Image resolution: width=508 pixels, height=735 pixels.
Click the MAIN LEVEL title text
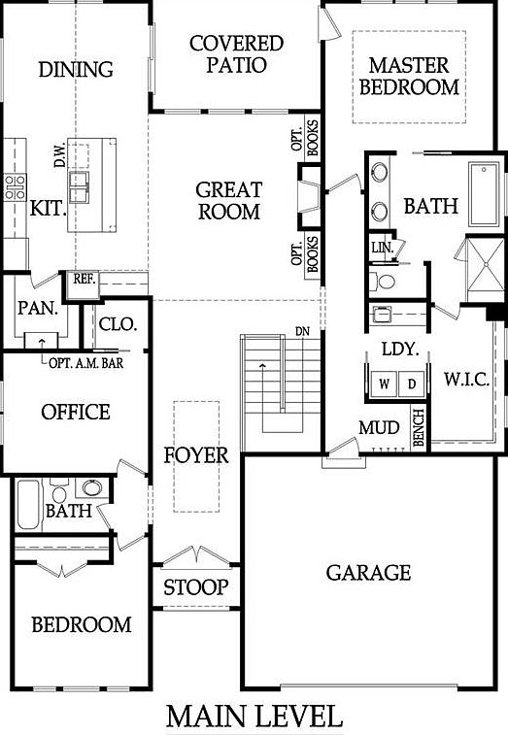(x=254, y=717)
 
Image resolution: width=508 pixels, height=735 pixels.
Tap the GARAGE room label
(x=368, y=572)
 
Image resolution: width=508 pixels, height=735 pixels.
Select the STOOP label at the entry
(x=195, y=587)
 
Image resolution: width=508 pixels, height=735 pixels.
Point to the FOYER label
(x=195, y=454)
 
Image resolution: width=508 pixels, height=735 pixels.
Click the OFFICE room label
(x=75, y=412)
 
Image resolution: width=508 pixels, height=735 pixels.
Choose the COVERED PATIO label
(x=236, y=54)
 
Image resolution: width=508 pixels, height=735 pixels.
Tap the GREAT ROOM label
(x=228, y=199)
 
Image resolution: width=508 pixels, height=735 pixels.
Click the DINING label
(x=75, y=69)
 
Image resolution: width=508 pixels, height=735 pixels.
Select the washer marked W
(x=385, y=384)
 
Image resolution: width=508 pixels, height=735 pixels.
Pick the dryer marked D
(x=412, y=384)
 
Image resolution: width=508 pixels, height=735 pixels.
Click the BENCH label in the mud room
(x=420, y=428)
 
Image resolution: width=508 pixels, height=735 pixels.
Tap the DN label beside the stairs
(x=303, y=332)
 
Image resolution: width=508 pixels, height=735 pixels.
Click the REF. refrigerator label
(x=83, y=278)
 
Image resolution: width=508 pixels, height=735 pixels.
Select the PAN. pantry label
(x=37, y=311)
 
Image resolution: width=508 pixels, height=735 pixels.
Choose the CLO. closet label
(x=118, y=323)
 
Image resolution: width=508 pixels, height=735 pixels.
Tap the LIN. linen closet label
(x=381, y=248)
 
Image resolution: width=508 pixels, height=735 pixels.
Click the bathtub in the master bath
(x=483, y=193)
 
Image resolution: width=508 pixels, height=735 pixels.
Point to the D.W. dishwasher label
(x=59, y=156)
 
